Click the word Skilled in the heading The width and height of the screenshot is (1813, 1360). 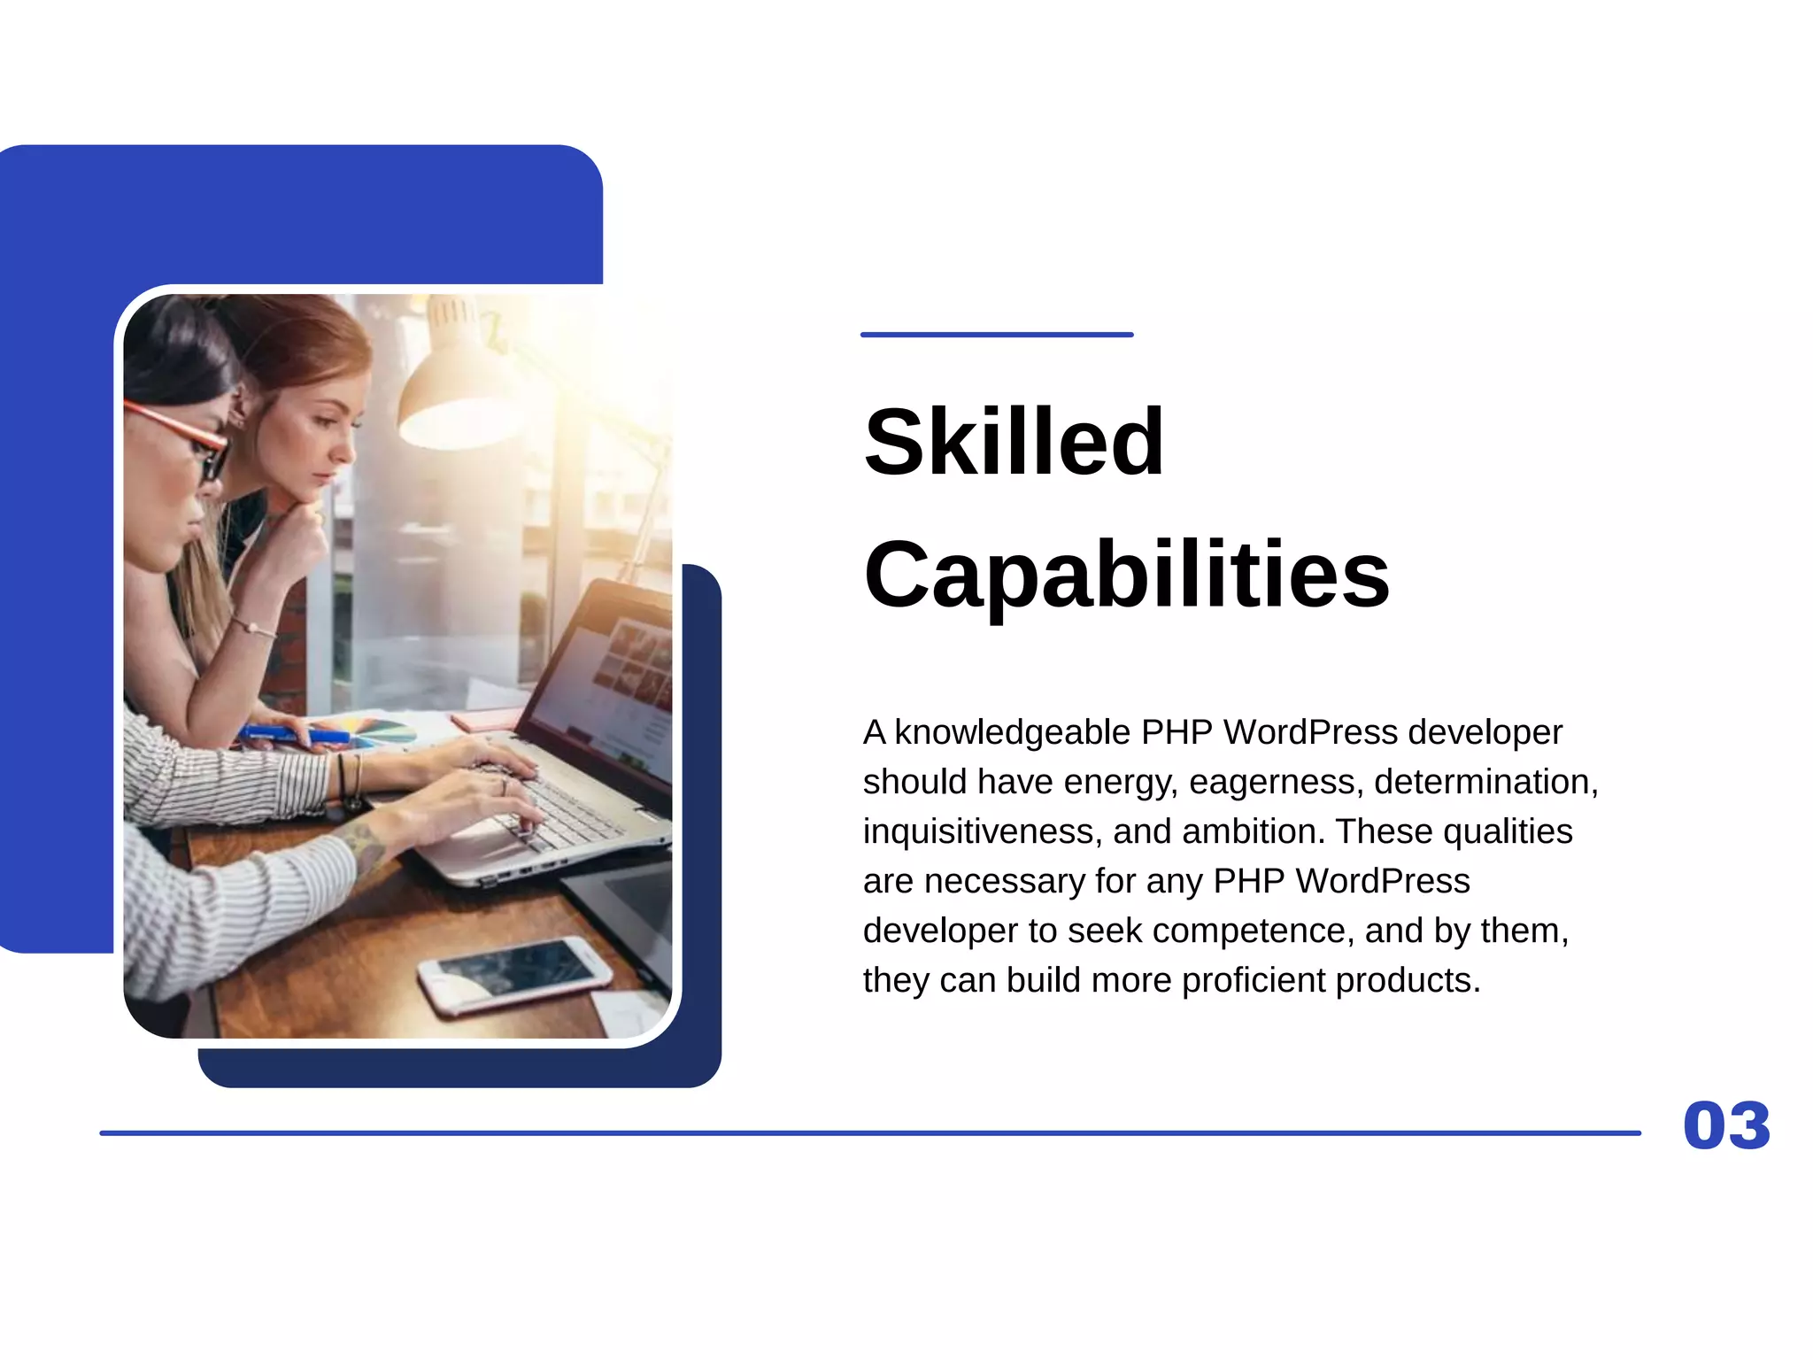1014,442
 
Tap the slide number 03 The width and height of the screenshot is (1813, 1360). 1726,1126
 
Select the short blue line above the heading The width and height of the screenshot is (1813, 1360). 997,335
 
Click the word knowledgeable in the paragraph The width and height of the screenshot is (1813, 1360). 1012,732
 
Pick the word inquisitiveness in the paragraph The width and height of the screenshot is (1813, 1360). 982,831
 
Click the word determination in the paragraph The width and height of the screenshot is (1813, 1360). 1485,782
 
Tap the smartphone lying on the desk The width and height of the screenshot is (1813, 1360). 514,972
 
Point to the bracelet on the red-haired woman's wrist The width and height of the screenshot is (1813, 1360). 253,628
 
